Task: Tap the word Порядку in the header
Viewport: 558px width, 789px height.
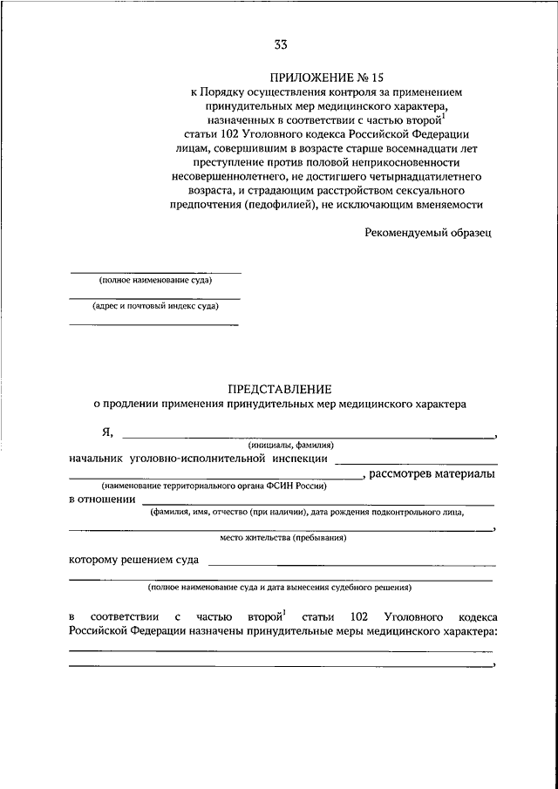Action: (229, 91)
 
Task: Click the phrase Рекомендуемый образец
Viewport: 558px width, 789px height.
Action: (427, 233)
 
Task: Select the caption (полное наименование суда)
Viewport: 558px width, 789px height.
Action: (155, 280)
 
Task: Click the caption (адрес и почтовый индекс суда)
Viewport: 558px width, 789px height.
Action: (155, 306)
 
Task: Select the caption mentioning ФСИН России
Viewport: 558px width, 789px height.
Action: (213, 486)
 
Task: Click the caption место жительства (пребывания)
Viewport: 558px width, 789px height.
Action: (281, 538)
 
